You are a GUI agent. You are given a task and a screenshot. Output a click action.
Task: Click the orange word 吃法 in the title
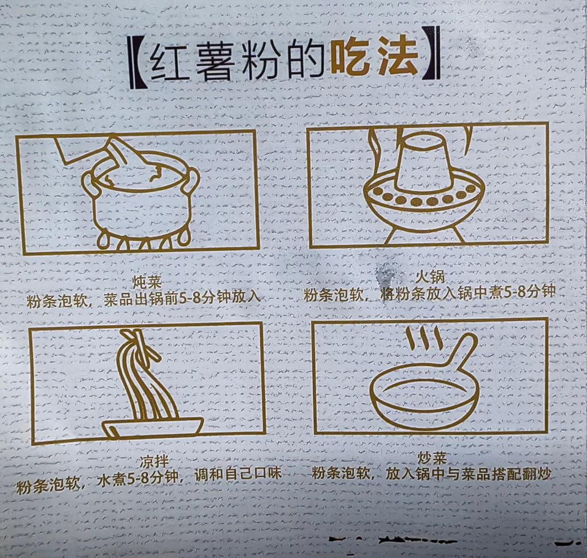(375, 58)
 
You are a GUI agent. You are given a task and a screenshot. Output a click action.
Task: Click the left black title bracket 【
(135, 62)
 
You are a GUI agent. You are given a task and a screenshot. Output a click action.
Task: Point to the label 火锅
(430, 277)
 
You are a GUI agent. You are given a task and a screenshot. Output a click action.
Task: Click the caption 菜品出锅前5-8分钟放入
(182, 299)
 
